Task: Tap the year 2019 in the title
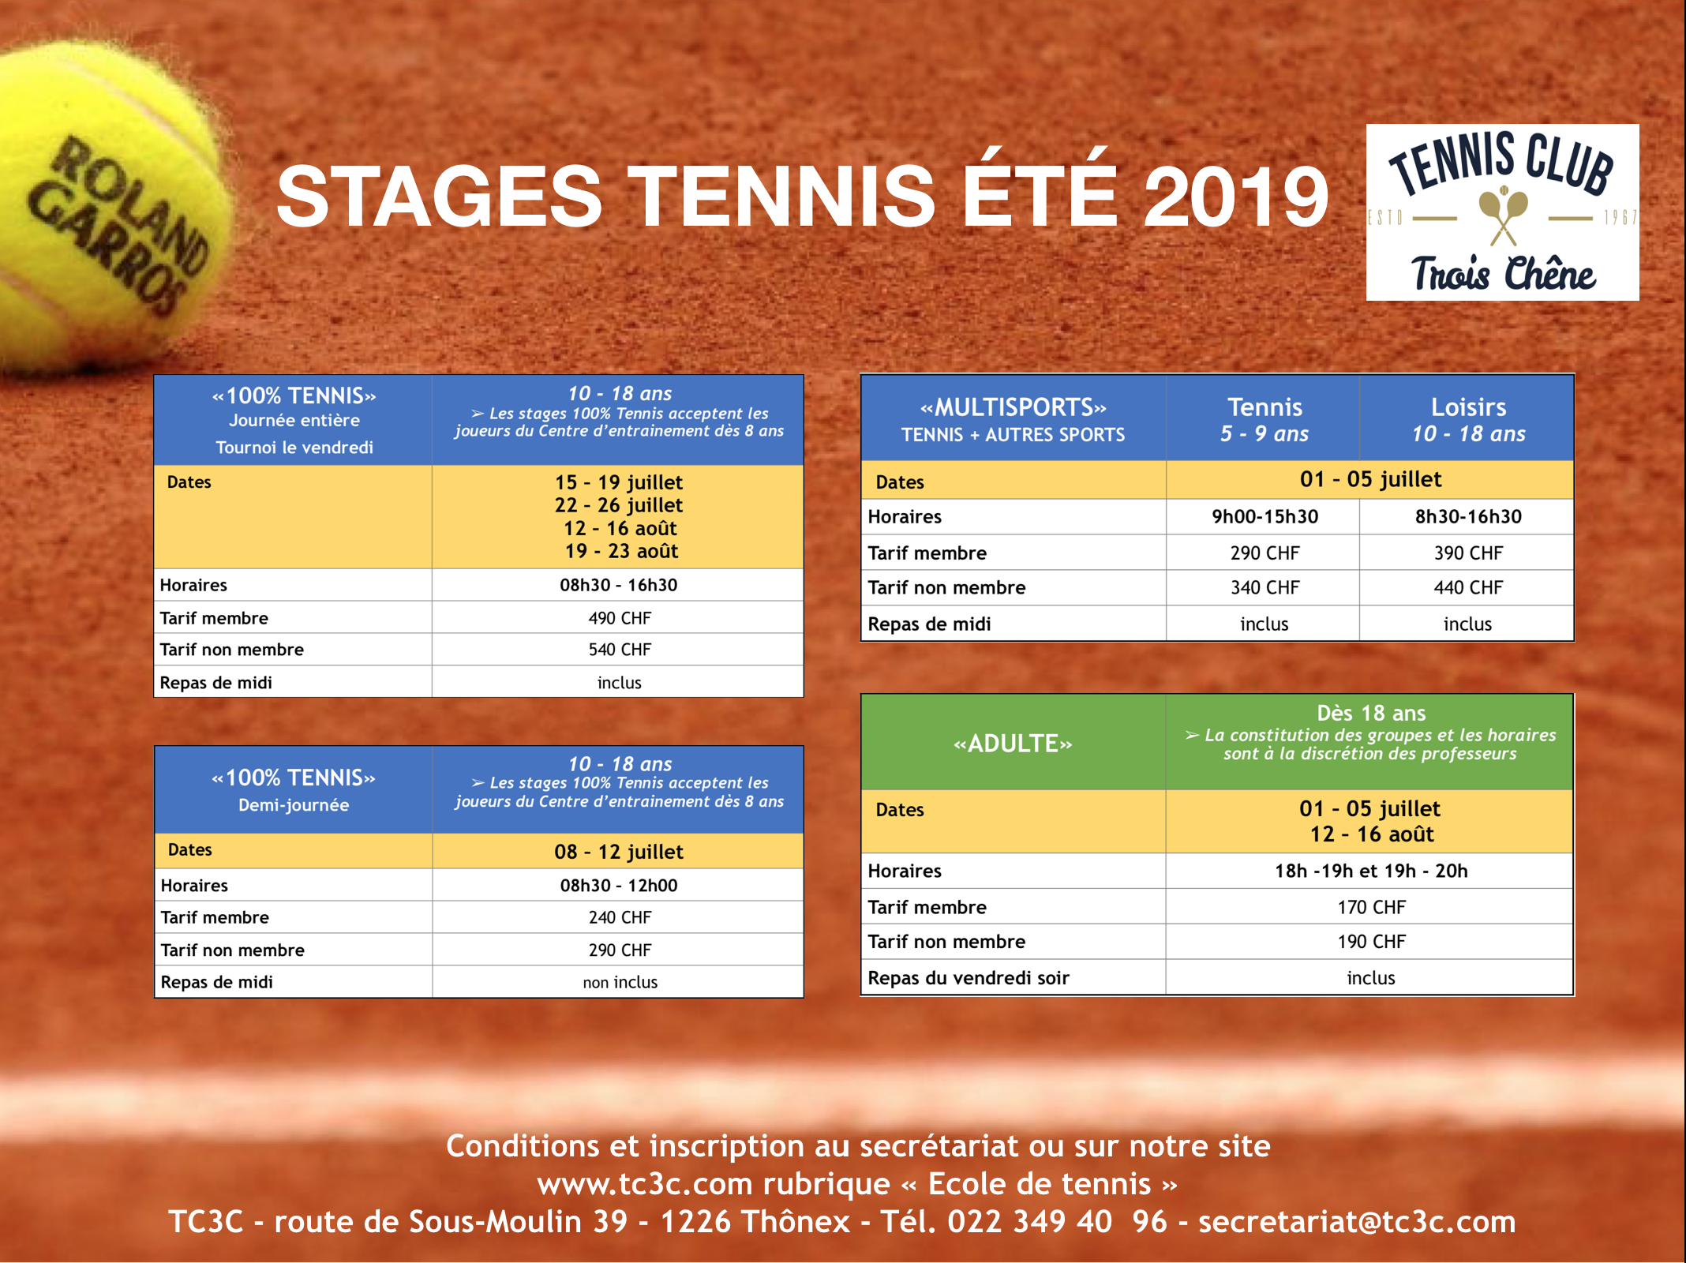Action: [x=1237, y=197]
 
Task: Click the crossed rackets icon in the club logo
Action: [x=1503, y=215]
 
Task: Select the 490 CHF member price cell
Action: [x=620, y=618]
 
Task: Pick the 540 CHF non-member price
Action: [x=620, y=650]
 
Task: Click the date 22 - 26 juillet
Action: [x=619, y=505]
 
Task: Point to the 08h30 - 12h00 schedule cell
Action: [x=619, y=886]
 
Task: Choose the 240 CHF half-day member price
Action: [x=620, y=917]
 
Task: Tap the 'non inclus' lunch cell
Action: [x=620, y=982]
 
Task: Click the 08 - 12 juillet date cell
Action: [x=619, y=852]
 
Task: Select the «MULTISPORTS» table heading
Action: [x=1013, y=407]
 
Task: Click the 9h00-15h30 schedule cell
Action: [x=1264, y=517]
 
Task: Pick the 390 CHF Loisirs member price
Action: [x=1468, y=553]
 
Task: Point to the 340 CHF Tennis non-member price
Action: [x=1264, y=588]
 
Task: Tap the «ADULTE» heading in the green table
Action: [x=1013, y=744]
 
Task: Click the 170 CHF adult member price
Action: [x=1371, y=908]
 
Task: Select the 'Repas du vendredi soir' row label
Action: [x=969, y=978]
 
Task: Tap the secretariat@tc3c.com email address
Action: [x=1357, y=1222]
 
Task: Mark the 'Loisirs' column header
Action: [x=1468, y=407]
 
